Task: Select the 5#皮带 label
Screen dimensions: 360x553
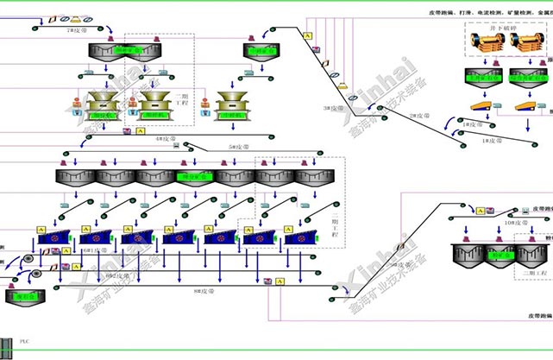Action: pyautogui.click(x=236, y=148)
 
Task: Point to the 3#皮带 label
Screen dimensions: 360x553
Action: pyautogui.click(x=332, y=108)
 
